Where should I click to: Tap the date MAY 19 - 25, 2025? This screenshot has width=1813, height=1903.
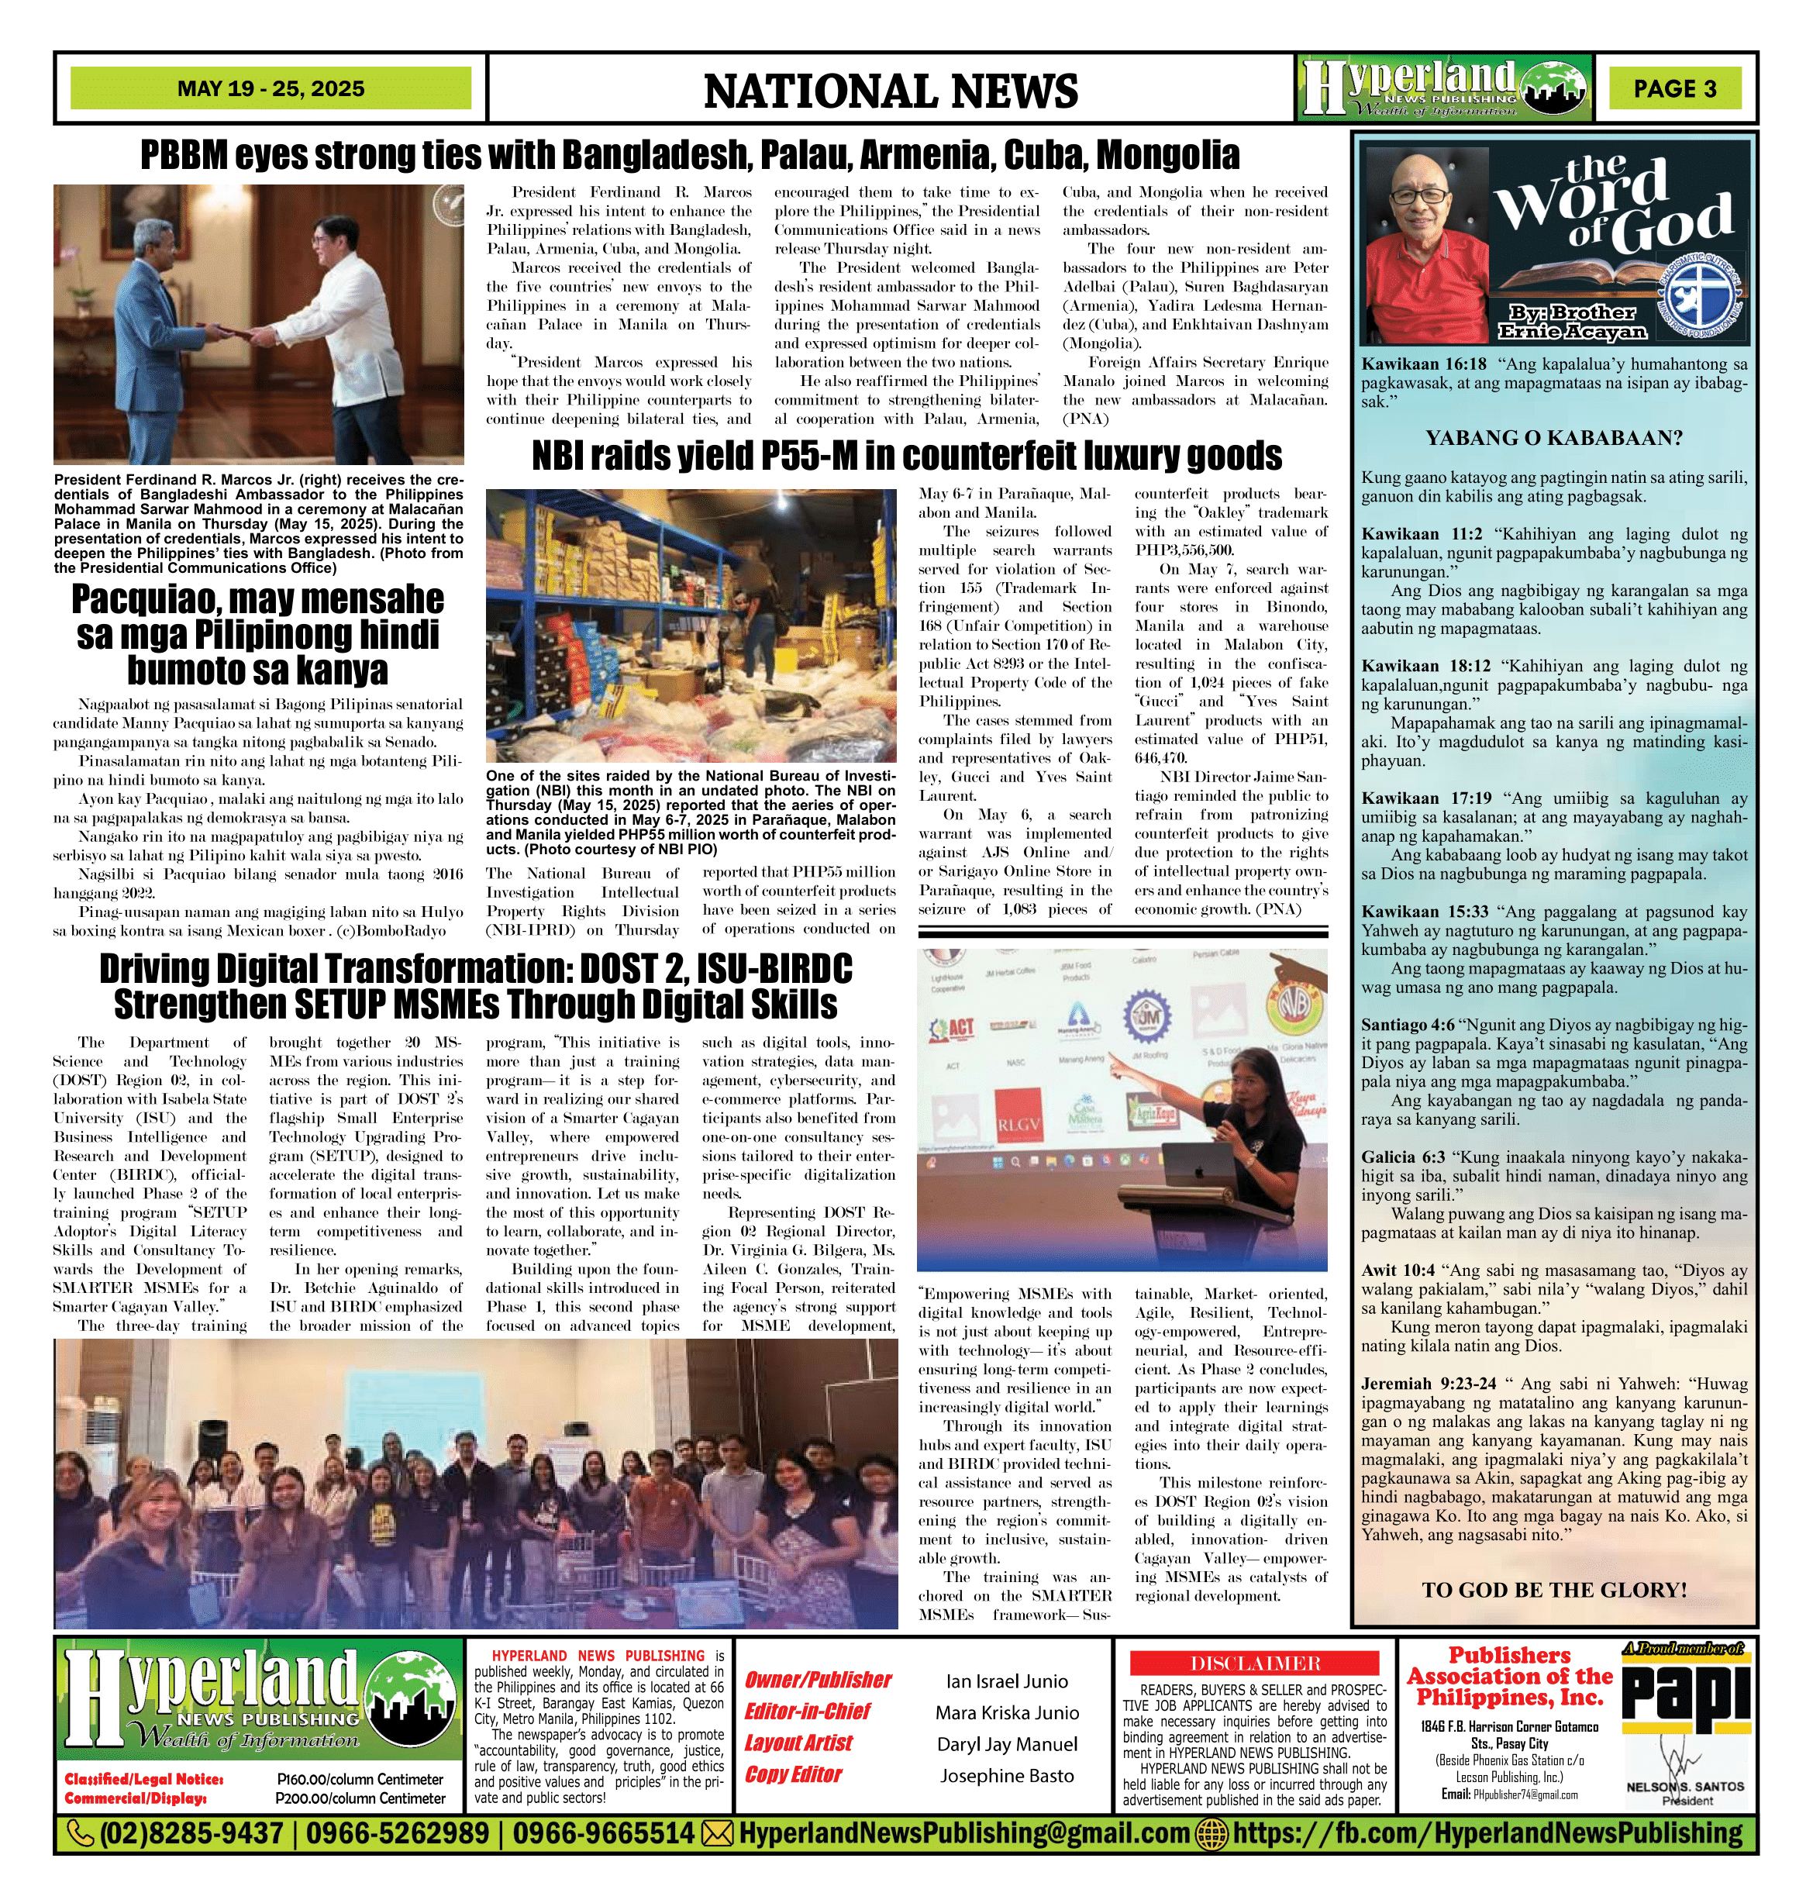(x=271, y=89)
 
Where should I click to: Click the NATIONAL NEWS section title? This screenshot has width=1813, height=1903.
(x=890, y=91)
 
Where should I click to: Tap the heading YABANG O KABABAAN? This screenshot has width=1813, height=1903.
(x=1554, y=438)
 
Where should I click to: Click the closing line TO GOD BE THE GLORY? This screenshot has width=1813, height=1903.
(x=1554, y=1590)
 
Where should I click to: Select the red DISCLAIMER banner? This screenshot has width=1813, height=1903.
(x=1254, y=1663)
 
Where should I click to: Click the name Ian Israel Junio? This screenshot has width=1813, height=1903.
(x=1007, y=1681)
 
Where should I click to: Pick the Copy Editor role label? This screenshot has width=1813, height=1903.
(x=792, y=1774)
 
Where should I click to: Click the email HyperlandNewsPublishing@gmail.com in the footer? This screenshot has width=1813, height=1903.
(x=962, y=1832)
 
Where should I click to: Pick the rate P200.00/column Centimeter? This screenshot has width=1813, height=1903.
(x=360, y=1798)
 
